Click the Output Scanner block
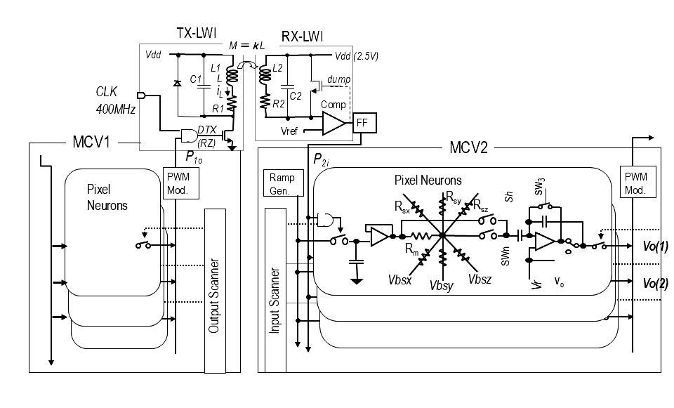[x=215, y=291]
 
